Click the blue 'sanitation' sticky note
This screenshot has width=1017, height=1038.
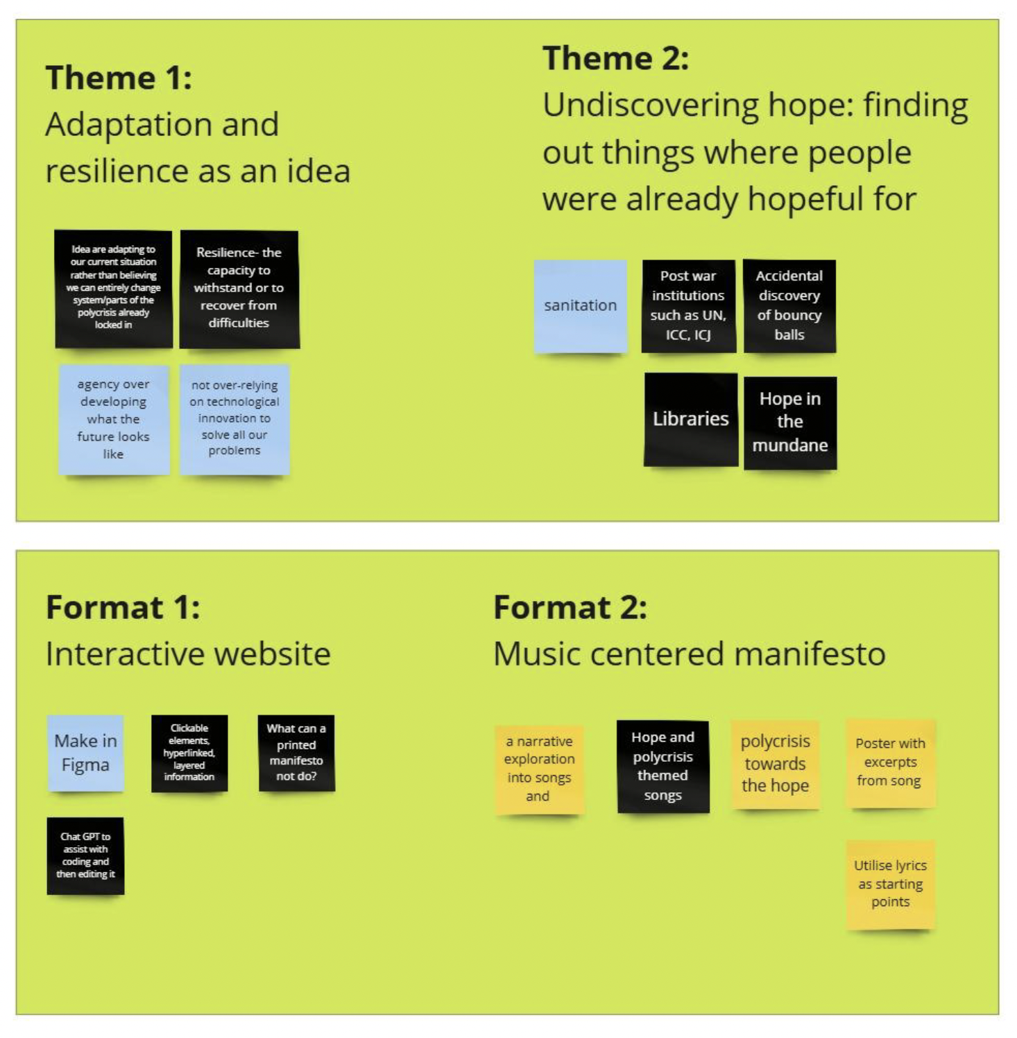[581, 306]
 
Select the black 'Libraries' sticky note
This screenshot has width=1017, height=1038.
[691, 419]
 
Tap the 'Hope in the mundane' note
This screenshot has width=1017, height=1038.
[790, 422]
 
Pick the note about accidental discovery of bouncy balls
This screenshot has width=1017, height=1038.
[789, 305]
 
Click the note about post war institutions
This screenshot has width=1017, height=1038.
[688, 305]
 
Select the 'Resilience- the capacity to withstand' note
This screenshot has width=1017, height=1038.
[239, 288]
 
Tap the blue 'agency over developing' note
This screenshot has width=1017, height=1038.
[114, 419]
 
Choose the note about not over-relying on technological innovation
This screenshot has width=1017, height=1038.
[234, 418]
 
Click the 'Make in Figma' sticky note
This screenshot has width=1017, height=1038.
[85, 753]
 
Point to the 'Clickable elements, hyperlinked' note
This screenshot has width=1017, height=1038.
[189, 753]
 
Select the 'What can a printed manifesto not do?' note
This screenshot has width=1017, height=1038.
[296, 753]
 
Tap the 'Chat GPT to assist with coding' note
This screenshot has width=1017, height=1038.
[85, 856]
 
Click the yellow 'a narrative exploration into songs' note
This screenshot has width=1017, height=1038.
[540, 769]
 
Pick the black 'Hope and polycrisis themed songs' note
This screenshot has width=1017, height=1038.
[663, 766]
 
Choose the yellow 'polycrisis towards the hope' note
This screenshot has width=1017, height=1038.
[776, 764]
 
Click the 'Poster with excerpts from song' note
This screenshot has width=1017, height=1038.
[890, 763]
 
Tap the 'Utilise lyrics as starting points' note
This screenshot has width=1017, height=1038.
[890, 884]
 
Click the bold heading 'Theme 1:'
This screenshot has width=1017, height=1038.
[119, 77]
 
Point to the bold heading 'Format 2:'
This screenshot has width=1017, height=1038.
[570, 607]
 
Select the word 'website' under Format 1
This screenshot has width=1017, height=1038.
[277, 654]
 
